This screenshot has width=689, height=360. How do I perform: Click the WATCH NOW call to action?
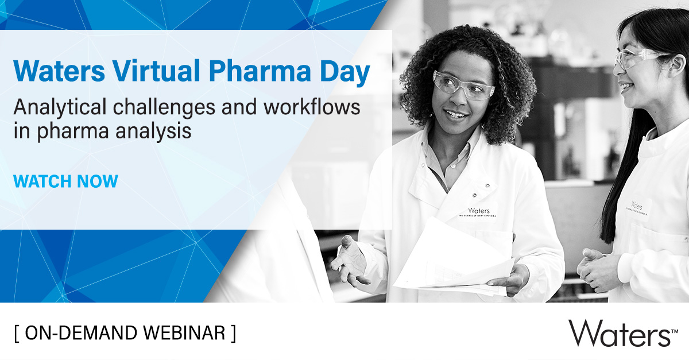(65, 181)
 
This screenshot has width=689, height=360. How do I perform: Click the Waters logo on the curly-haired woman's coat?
(478, 212)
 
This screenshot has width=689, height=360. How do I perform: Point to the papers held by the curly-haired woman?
(454, 258)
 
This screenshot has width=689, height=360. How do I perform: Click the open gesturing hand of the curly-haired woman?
(351, 258)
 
